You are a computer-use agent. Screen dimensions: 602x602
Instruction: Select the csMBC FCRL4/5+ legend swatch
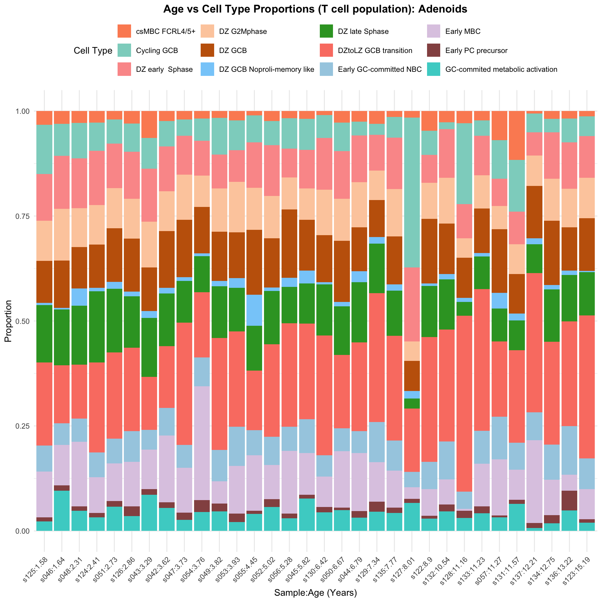[124, 31]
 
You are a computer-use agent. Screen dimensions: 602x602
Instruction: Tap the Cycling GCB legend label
[157, 50]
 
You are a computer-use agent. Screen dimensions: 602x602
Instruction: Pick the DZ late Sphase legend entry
[363, 31]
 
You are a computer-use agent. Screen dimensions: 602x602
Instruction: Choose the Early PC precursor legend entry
[476, 50]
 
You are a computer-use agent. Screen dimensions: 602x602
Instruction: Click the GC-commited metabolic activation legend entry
[501, 69]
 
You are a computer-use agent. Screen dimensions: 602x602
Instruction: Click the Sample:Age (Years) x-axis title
[315, 593]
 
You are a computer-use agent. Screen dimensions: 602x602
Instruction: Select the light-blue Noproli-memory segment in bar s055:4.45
[254, 310]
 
